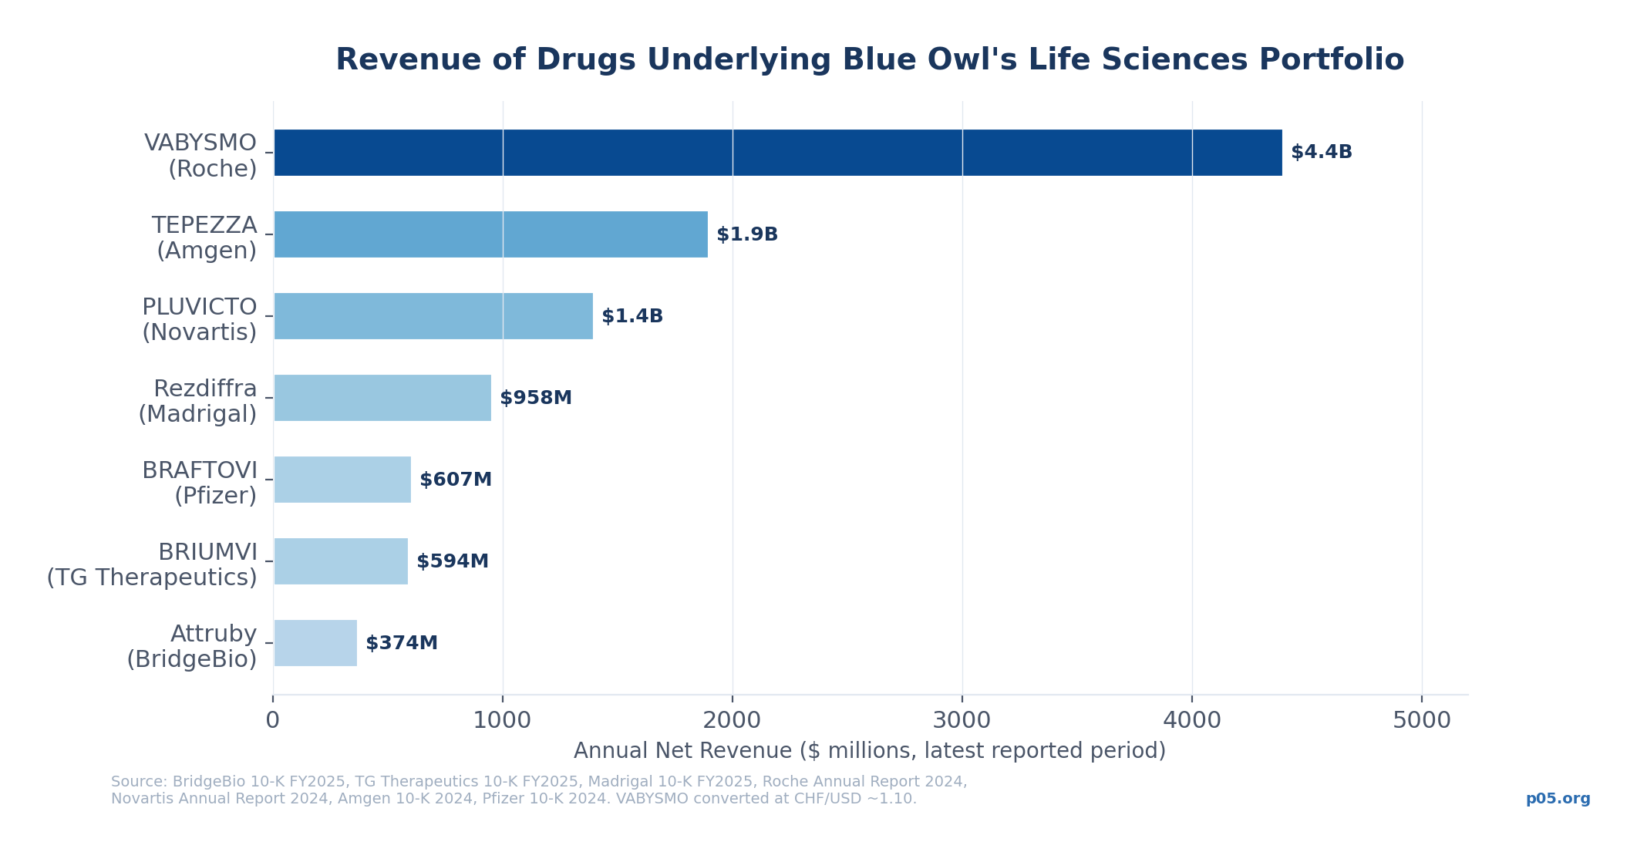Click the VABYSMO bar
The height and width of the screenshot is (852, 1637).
coord(777,153)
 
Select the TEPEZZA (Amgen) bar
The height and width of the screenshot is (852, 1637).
coord(490,234)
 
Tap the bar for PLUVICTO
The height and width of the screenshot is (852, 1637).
coord(433,316)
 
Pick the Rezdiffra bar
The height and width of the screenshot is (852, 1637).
coord(382,398)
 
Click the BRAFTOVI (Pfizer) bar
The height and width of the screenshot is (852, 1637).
coord(342,480)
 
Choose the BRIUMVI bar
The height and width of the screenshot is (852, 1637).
coord(341,561)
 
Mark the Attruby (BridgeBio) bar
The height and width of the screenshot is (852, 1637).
coord(315,643)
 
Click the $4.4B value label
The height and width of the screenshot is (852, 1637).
coord(1321,153)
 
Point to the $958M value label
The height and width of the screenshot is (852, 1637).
coord(535,398)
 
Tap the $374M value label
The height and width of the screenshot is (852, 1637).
coord(401,643)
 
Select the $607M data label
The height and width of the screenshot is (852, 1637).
coord(455,480)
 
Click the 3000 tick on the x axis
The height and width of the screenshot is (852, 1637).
coord(962,721)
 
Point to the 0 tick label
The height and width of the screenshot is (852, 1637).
coord(272,721)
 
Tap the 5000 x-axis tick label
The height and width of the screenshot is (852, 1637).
coord(1421,721)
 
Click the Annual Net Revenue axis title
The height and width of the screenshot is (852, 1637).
coord(869,751)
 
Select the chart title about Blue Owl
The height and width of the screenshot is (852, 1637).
coord(869,60)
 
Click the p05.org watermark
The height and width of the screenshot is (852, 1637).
coord(1558,799)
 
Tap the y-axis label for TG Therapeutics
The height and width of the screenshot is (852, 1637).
coord(152,564)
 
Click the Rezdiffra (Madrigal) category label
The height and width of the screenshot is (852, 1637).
coord(198,401)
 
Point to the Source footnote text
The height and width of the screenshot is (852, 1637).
coord(538,790)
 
